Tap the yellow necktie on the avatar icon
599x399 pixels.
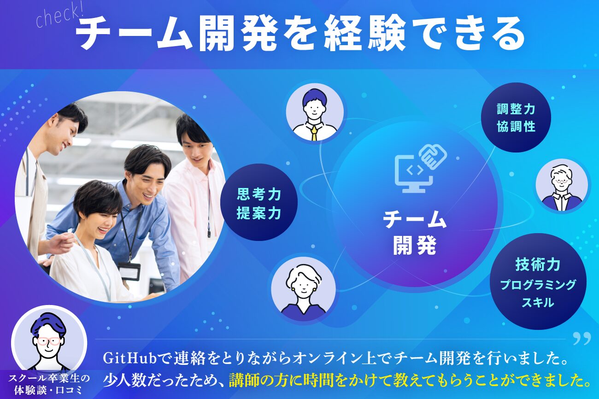coord(314,133)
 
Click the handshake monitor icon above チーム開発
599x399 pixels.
coord(421,168)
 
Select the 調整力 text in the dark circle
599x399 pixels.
coord(516,109)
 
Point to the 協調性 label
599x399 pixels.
coord(516,127)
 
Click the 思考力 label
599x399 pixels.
coord(258,194)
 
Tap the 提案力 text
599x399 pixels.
coord(258,213)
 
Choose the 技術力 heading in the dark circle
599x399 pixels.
coord(538,264)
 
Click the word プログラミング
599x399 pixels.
coord(538,285)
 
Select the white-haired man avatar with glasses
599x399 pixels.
coord(562,185)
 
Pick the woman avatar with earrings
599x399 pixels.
coord(303,289)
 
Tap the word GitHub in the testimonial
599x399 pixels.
coord(129,358)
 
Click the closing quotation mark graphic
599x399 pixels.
coord(581,339)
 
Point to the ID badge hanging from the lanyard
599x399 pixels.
coord(129,271)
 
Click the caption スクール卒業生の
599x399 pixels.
coord(49,378)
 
